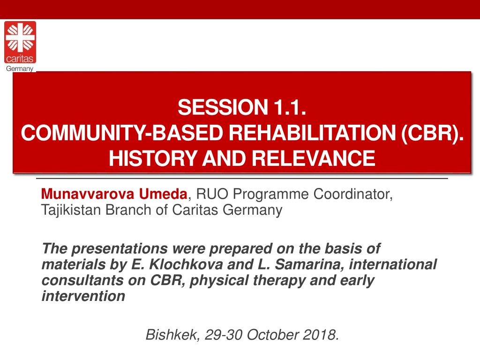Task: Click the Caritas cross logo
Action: point(20,42)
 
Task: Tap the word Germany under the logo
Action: point(20,68)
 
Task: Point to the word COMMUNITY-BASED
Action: point(122,133)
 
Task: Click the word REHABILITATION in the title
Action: point(312,133)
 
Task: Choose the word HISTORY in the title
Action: point(153,158)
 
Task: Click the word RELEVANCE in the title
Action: point(314,158)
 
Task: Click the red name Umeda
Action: point(163,194)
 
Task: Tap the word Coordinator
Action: point(352,195)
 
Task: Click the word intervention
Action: point(83,296)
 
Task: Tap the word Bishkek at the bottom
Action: point(172,335)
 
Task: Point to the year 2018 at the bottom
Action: point(321,335)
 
